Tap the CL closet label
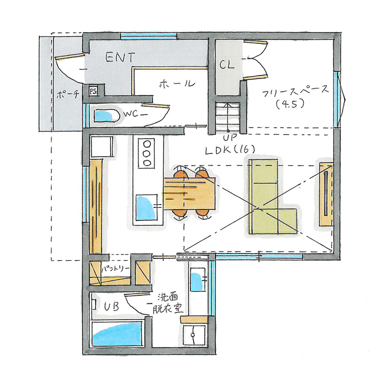tap(227, 65)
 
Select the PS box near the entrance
tap(93, 90)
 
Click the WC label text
tap(132, 114)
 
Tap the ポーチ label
tap(68, 94)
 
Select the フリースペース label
tap(295, 92)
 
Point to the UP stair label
tap(228, 138)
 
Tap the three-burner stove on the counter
tap(146, 153)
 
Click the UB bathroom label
tap(111, 307)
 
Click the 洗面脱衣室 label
tap(169, 303)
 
